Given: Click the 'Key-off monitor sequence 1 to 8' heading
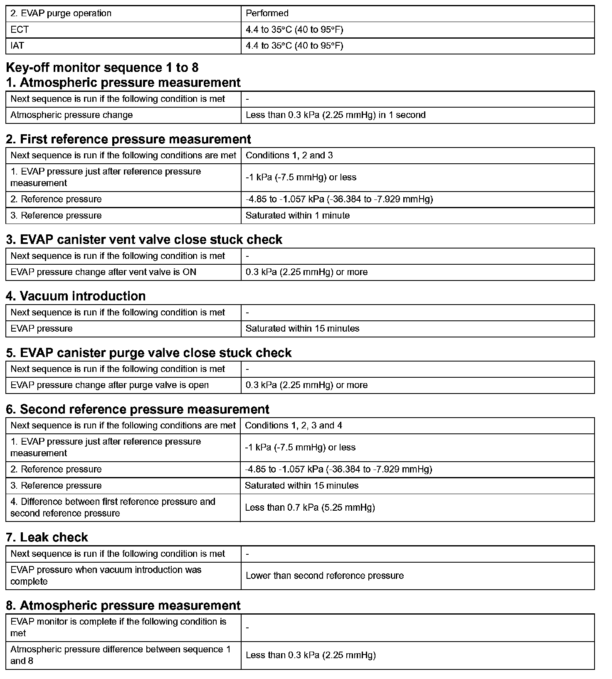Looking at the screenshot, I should coord(102,67).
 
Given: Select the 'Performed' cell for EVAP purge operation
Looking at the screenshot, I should coord(267,13).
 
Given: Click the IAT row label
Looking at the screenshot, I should coord(17,46).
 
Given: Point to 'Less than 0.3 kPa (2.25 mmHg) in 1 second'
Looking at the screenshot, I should coord(336,115).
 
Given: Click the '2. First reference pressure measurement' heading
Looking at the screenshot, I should coord(128,139).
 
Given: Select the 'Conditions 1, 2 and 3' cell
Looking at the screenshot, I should coord(289,155).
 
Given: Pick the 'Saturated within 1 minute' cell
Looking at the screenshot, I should coord(298,216).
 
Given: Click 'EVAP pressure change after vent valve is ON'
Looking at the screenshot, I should coord(104,272).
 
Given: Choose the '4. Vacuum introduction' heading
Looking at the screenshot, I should coord(76,296).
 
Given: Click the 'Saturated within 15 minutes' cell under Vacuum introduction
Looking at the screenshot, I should coord(302,329).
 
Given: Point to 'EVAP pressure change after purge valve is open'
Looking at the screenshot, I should coord(110,385).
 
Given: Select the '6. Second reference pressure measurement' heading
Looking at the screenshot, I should coord(138,409).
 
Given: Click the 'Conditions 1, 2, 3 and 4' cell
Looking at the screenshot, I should coord(294,426).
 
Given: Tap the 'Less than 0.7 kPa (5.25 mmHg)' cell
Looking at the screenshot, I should coord(310,507).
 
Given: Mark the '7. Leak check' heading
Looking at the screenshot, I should coord(47,537).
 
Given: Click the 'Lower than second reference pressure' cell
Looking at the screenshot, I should coord(325,576).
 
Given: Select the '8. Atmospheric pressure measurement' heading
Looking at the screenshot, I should coord(123,605).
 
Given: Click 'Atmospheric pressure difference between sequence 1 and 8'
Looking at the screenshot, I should coord(121,655).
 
